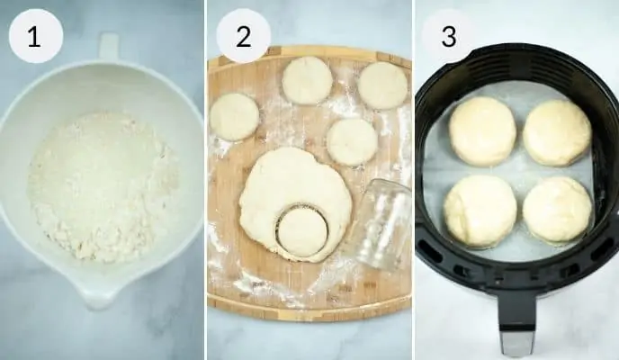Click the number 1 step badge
(35, 37)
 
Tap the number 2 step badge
(243, 37)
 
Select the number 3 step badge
(448, 37)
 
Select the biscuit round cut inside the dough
(302, 230)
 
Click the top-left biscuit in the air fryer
(482, 130)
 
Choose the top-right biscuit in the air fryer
(557, 132)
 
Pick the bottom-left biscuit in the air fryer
(480, 211)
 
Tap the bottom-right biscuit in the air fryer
(557, 211)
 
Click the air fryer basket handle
(516, 319)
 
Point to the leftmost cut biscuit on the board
(235, 116)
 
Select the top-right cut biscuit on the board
(382, 85)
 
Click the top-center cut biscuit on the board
(307, 80)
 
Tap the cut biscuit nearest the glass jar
(352, 141)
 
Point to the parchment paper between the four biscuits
(519, 171)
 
